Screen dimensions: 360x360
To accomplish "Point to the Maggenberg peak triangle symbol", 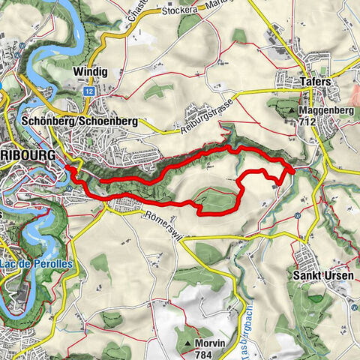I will point(292,110).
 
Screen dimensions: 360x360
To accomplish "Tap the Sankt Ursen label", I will point(321,275).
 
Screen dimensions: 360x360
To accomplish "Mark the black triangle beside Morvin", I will point(187,343).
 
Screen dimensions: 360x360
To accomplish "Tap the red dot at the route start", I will point(69,169).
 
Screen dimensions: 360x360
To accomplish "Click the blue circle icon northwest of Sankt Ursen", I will point(298,216).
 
